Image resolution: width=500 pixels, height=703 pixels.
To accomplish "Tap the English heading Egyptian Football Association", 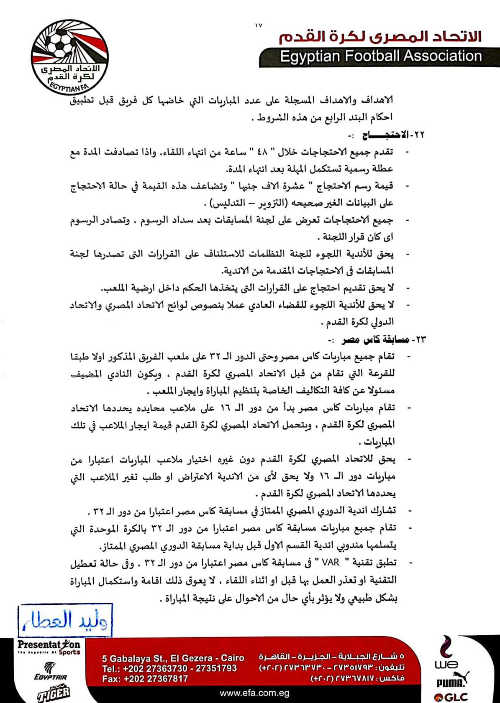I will pos(380,56).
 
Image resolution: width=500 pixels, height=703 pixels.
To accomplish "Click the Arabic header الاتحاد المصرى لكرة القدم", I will pos(380,36).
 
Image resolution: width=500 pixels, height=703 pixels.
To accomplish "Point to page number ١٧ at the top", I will pos(258,26).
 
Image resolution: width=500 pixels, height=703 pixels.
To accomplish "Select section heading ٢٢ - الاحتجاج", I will pos(393,135).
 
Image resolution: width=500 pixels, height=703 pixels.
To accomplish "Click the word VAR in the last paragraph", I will pos(331,563).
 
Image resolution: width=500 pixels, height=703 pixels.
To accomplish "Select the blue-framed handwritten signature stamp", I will pos(65,620).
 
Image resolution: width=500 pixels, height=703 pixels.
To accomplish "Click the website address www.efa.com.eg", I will pos(254,693).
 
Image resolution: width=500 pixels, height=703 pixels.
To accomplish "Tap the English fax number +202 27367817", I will pos(145,679).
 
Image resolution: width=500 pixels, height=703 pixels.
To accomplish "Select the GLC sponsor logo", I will pos(451,696).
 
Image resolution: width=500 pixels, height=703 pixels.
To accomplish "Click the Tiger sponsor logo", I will pos(54,693).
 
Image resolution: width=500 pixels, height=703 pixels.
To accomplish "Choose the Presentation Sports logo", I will pos(49,647).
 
